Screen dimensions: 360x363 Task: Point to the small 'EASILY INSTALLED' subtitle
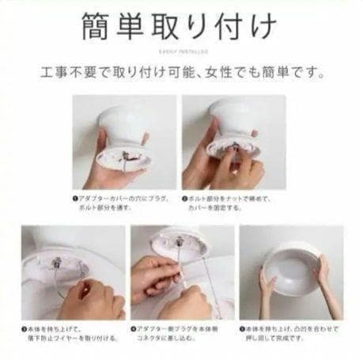click(181, 50)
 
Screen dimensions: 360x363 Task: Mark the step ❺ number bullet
click(243, 326)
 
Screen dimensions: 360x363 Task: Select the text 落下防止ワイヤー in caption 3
click(52, 335)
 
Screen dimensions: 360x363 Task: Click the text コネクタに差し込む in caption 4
click(167, 335)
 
